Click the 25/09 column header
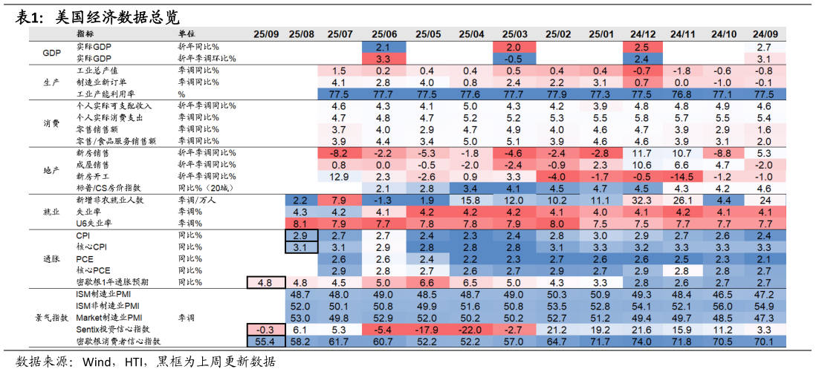click(x=266, y=34)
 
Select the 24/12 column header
click(x=643, y=34)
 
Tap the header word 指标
click(x=85, y=34)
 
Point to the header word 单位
click(x=187, y=34)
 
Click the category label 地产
click(x=51, y=171)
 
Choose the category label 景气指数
click(x=51, y=317)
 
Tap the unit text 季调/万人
click(x=195, y=200)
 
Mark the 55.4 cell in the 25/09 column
click(x=265, y=341)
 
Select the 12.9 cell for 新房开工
click(x=338, y=177)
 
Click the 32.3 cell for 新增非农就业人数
click(x=643, y=200)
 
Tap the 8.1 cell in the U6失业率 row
click(x=301, y=223)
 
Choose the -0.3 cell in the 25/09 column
click(x=265, y=329)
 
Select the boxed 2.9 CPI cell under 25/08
click(x=301, y=235)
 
